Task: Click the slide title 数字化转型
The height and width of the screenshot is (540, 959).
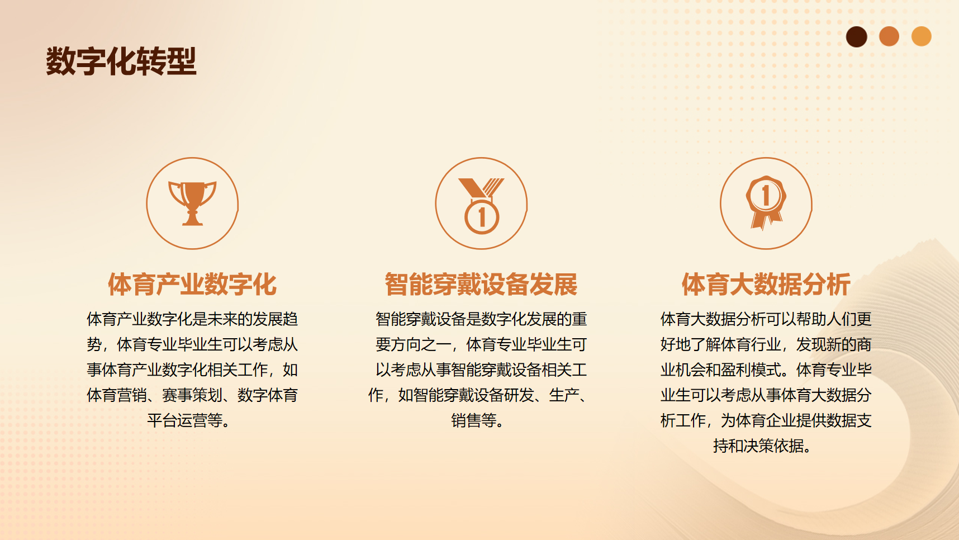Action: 121,61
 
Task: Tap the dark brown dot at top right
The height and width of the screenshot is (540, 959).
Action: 856,37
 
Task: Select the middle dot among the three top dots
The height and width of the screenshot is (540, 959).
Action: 889,36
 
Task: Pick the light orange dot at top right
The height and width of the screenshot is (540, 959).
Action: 922,36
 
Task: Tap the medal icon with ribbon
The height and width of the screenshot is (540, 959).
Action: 481,206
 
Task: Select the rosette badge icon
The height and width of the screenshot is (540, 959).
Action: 766,202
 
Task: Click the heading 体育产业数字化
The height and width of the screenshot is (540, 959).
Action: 192,285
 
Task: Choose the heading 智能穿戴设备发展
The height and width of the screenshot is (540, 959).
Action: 481,285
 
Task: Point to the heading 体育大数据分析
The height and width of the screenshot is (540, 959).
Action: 766,285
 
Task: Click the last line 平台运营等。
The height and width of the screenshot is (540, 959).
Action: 189,420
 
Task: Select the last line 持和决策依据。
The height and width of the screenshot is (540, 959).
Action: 763,446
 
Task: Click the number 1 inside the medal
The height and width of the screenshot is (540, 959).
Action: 482,217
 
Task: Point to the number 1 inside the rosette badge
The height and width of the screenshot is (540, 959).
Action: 766,195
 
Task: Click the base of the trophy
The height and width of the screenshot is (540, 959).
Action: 192,221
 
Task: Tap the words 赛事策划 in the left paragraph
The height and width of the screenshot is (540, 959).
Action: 192,395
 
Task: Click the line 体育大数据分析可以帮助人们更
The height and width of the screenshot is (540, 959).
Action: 766,319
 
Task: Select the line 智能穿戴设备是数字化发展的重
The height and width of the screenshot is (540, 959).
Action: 481,319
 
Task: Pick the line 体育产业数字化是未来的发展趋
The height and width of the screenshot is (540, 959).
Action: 192,319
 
